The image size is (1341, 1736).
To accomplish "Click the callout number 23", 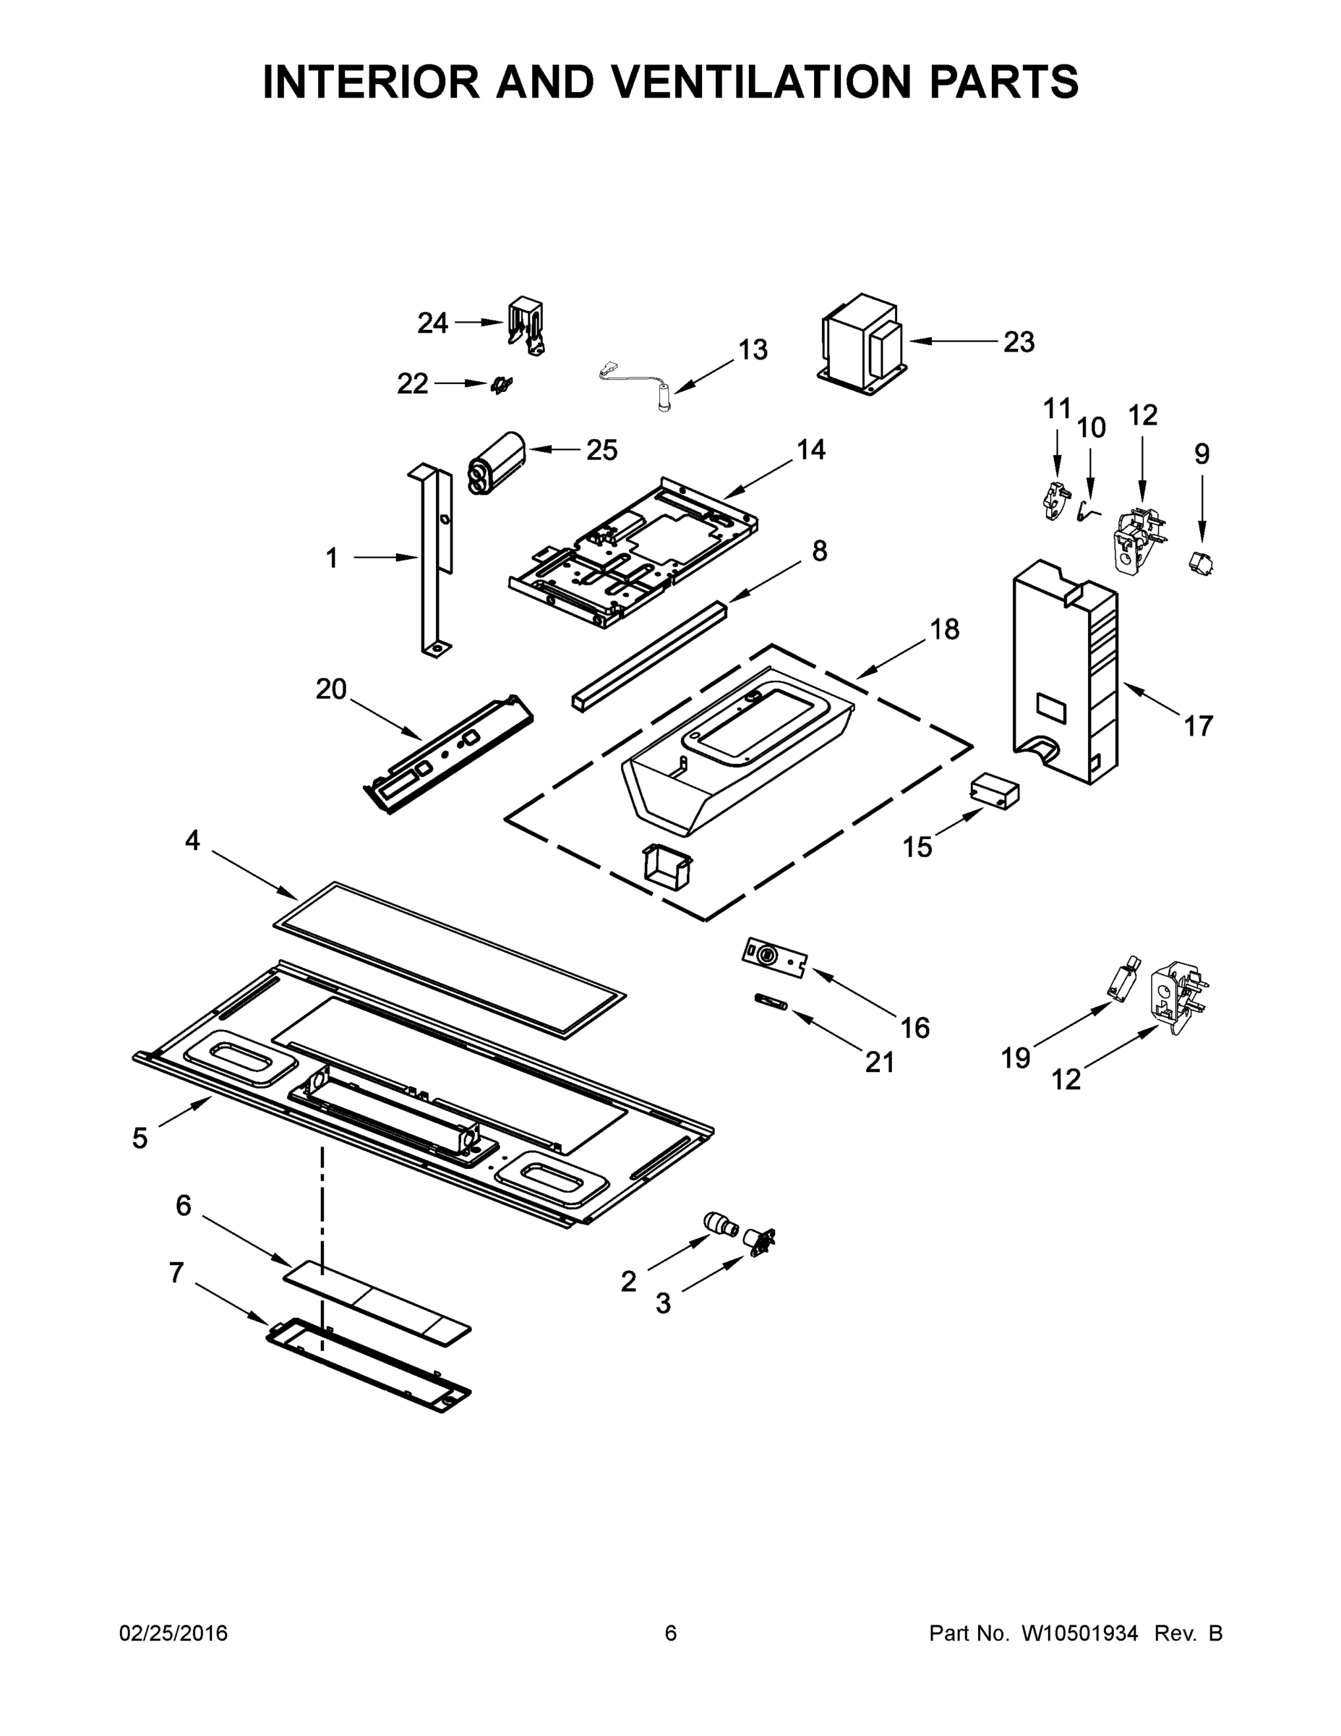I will click(1019, 342).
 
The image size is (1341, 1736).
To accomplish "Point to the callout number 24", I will click(433, 323).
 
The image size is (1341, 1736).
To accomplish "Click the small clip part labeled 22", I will click(501, 386).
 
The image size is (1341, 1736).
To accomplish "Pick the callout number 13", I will click(753, 350).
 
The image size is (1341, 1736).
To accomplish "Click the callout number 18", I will click(945, 629).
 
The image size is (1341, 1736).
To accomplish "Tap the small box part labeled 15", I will click(994, 793).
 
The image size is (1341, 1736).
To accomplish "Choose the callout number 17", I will click(1198, 725).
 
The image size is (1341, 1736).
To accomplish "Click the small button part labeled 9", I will click(1199, 563).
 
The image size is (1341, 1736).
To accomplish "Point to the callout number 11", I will click(1057, 409).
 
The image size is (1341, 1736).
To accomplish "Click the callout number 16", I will click(914, 1028).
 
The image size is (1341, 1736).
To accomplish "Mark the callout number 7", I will click(176, 1272).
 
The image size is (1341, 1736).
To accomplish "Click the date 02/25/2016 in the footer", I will click(173, 1633).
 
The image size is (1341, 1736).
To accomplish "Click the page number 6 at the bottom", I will click(671, 1633).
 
